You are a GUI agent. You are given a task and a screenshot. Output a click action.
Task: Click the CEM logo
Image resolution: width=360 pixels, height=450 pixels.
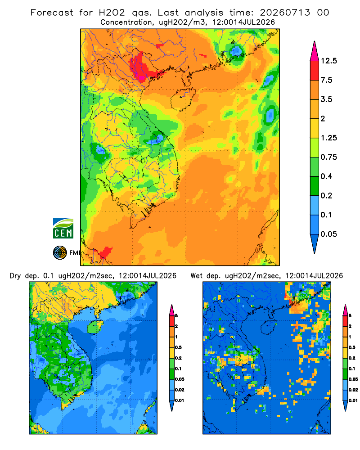click(63, 229)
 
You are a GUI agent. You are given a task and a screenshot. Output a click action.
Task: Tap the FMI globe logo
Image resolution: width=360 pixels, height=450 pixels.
click(60, 253)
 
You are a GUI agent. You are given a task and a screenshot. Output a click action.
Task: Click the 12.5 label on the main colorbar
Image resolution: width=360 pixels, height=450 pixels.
click(328, 61)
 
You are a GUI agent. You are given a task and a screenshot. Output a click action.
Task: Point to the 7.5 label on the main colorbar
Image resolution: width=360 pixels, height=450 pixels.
click(327, 80)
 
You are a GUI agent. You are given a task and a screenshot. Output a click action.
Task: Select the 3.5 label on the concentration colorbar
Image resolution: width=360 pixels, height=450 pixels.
click(327, 99)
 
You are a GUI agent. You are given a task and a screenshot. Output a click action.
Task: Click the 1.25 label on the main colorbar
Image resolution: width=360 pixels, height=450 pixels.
click(328, 138)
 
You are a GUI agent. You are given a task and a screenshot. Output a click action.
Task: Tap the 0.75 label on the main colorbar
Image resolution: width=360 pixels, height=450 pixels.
click(328, 157)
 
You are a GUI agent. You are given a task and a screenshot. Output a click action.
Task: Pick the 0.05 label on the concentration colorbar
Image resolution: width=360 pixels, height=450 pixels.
click(328, 234)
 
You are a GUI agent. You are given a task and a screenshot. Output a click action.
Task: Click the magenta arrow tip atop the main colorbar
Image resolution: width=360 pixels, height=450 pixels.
click(315, 42)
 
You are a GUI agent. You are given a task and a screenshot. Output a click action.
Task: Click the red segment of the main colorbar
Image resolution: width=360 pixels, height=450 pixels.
click(315, 71)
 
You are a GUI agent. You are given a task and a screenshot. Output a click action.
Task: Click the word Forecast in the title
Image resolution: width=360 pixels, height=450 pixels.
click(52, 13)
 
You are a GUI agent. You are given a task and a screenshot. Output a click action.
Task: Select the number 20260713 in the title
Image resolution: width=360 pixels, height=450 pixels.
click(285, 13)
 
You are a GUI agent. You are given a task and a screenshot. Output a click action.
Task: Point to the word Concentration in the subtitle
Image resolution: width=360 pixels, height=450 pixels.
click(126, 22)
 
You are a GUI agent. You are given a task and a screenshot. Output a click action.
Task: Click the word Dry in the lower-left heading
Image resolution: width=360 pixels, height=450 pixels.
click(15, 276)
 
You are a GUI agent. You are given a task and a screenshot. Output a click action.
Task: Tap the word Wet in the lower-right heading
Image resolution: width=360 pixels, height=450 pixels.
click(197, 276)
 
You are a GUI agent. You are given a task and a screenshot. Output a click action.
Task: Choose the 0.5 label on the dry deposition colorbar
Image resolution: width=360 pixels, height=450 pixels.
click(178, 347)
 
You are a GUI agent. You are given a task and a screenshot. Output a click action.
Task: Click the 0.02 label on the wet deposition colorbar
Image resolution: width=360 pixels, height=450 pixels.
click(353, 390)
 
